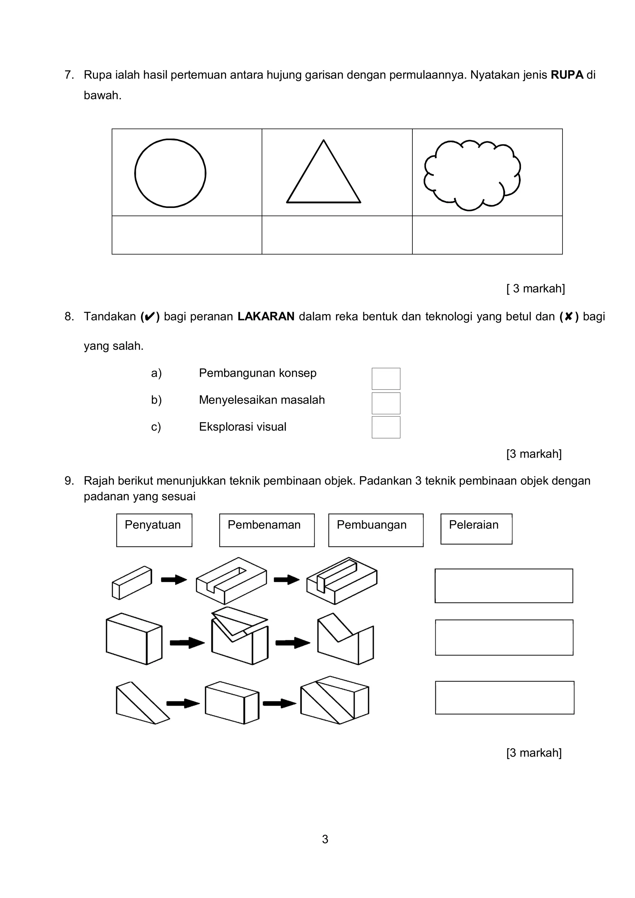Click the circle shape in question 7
pos(170,173)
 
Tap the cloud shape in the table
pos(472,175)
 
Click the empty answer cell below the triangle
pos(337,235)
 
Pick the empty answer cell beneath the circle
pos(187,235)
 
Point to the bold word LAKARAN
pos(266,316)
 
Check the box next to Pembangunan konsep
pos(386,379)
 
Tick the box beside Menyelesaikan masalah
pos(386,403)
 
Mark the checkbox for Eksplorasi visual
pos(386,427)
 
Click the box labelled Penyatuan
pos(154,530)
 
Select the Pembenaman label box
pos(267,530)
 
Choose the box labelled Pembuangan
pos(375,530)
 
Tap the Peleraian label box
pos(476,529)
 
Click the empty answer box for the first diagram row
pos(504,586)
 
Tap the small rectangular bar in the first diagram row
pos(132,583)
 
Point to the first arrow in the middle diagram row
pos(187,643)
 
